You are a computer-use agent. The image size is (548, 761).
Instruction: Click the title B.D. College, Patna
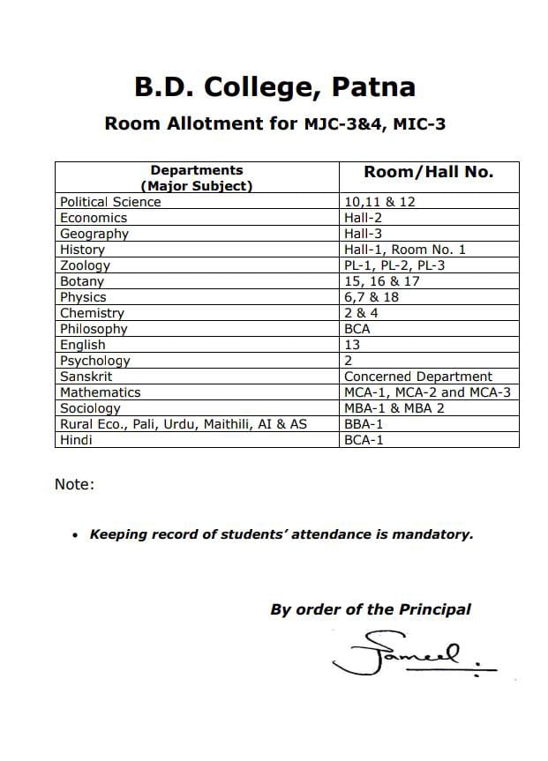[x=274, y=87]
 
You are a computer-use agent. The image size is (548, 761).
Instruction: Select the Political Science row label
[x=110, y=202]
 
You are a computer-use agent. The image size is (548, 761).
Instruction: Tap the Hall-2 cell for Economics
[x=363, y=218]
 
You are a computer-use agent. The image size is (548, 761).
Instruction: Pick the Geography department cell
[x=94, y=234]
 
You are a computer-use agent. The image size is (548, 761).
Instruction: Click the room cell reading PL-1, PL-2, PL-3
[x=394, y=265]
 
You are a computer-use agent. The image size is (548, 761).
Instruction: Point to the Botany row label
[x=82, y=281]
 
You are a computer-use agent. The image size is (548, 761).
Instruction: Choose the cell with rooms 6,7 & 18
[x=372, y=297]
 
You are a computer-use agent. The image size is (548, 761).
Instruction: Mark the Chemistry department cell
[x=92, y=313]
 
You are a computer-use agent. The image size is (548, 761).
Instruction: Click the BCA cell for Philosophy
[x=357, y=329]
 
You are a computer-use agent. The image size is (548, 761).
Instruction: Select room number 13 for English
[x=352, y=345]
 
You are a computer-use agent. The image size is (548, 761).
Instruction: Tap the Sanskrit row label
[x=86, y=377]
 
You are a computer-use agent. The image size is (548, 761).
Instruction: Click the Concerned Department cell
[x=418, y=377]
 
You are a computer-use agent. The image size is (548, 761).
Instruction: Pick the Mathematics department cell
[x=100, y=392]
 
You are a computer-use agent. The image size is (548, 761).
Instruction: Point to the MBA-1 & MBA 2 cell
[x=394, y=408]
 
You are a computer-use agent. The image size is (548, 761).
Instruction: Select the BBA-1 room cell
[x=364, y=424]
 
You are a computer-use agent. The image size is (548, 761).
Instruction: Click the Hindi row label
[x=76, y=440]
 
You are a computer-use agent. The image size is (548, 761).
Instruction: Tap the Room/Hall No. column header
[x=429, y=172]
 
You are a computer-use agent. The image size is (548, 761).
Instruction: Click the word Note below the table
[x=74, y=484]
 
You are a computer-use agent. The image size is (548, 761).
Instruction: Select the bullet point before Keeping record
[x=76, y=534]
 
